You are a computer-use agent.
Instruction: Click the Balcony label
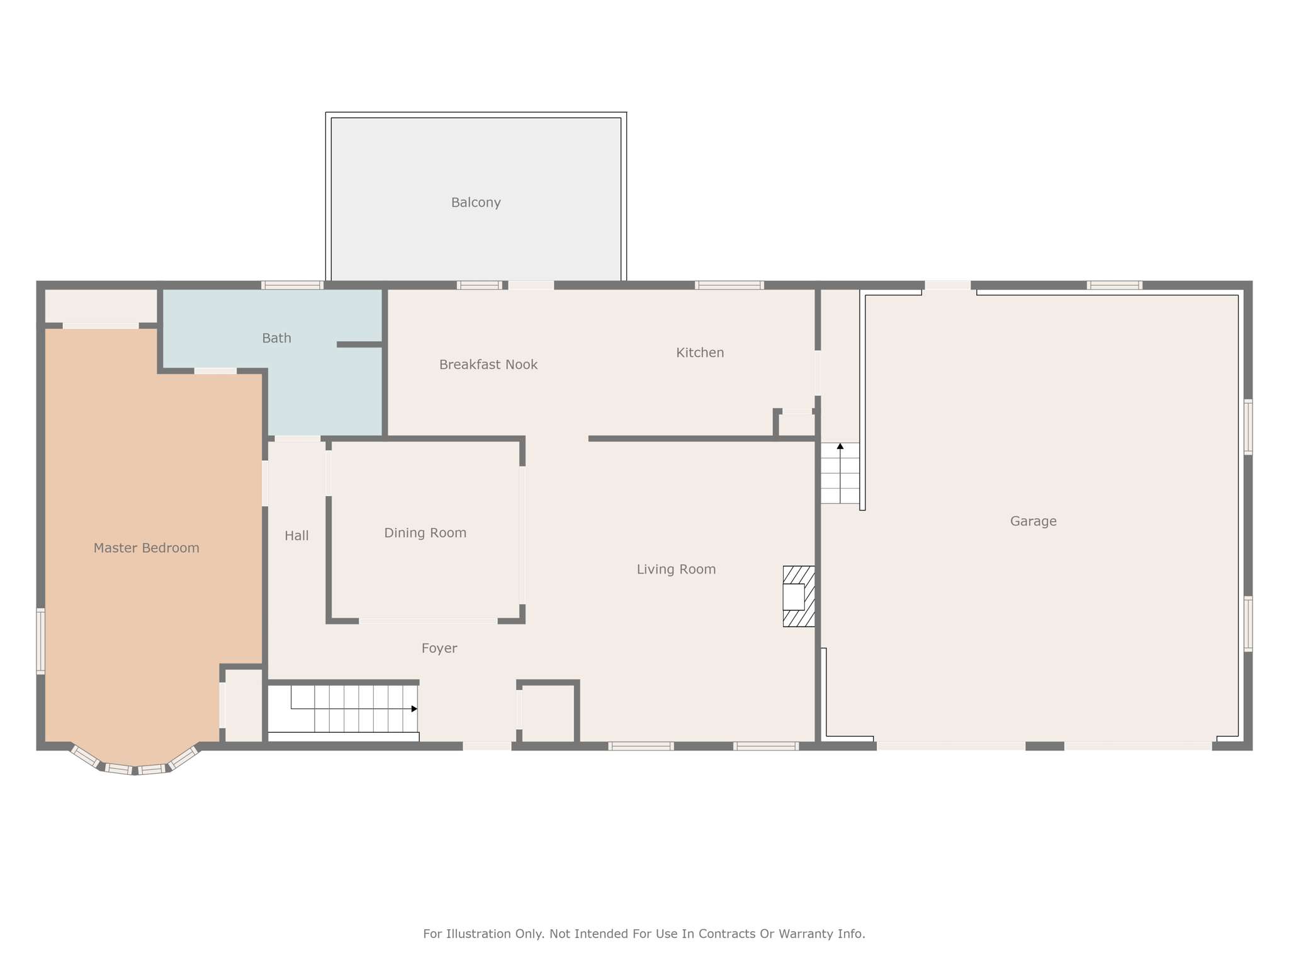476,203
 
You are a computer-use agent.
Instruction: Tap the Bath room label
276,338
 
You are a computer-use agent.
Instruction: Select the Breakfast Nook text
488,365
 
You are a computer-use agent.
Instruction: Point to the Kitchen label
700,353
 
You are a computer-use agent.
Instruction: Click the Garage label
1033,521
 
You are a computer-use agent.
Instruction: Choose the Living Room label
676,569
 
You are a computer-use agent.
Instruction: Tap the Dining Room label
425,533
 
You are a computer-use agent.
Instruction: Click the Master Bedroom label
146,548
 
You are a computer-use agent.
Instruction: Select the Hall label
296,536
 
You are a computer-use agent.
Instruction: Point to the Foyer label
439,648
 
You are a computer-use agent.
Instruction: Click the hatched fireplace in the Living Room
799,596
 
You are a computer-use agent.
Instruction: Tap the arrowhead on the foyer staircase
414,709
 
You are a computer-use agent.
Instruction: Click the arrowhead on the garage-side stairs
840,446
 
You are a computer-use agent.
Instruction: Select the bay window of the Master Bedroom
135,766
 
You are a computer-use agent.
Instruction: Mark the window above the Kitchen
729,285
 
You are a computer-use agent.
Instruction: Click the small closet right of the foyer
548,714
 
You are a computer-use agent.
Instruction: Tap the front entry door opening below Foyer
487,746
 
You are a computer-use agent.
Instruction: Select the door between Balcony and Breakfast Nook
531,285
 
